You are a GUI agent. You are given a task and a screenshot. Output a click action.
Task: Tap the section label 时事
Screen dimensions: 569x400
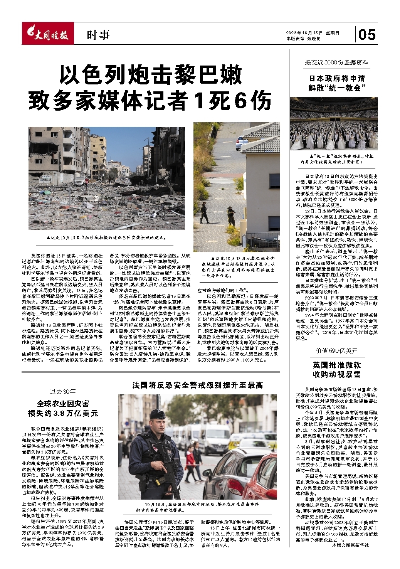pos(98,35)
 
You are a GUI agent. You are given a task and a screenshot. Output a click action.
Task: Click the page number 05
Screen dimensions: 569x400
pos(366,35)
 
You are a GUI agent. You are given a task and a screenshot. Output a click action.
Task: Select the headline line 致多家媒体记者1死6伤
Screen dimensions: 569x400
pos(150,101)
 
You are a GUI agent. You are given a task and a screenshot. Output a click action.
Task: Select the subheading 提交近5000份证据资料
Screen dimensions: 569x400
pos(336,62)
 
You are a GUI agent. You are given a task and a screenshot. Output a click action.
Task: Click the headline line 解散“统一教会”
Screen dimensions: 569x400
pos(336,88)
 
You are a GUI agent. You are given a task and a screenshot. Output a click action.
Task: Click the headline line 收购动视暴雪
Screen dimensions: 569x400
pos(336,374)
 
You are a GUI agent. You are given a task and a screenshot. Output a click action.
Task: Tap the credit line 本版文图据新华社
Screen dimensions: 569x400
pos(350,545)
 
